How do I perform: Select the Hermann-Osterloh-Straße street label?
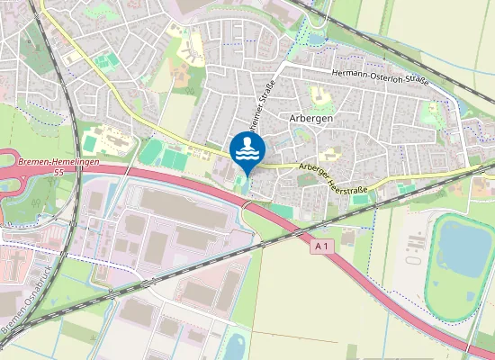[x=380, y=76]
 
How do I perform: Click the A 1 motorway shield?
[x=322, y=245]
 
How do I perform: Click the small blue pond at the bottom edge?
[x=236, y=346]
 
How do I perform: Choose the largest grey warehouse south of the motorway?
[x=171, y=206]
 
